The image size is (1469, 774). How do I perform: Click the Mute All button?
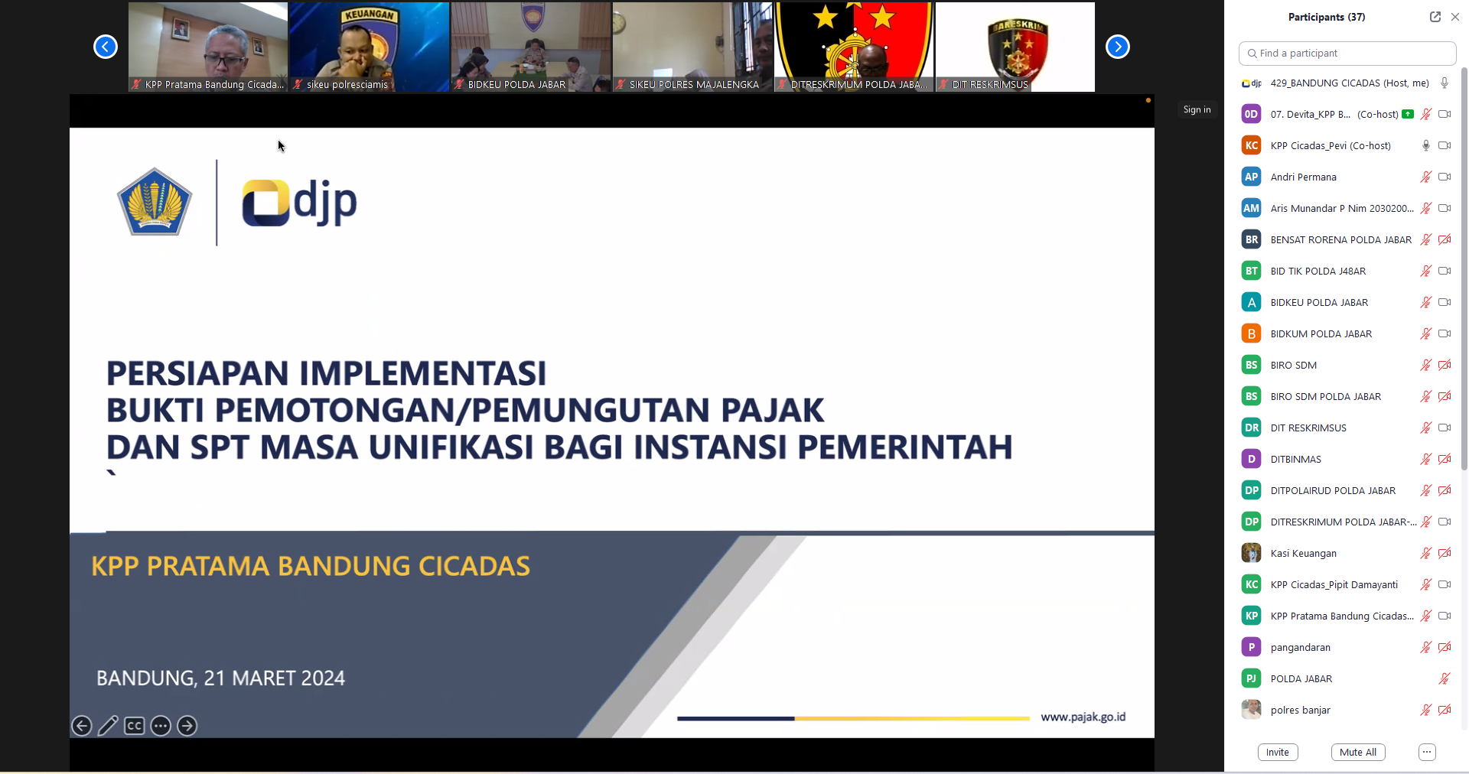(1358, 752)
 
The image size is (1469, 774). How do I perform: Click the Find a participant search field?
(1347, 54)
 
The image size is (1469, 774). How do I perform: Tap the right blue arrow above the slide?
(1118, 47)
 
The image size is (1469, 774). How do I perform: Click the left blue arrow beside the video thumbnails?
(106, 47)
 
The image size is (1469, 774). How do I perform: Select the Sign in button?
(1197, 109)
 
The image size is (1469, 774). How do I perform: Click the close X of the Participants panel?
(1455, 17)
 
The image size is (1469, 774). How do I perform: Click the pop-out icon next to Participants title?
(1435, 17)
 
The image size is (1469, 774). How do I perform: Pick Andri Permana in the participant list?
(1304, 177)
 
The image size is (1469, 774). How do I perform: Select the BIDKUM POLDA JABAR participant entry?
(1321, 333)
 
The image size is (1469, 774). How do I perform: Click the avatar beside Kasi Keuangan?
(1251, 553)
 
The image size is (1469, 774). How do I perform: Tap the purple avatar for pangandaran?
(1251, 647)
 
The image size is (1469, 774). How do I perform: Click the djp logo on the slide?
(299, 203)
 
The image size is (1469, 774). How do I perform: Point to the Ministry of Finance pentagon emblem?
(155, 202)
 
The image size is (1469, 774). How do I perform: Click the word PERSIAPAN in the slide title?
(197, 373)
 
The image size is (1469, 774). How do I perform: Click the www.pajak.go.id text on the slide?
(1083, 717)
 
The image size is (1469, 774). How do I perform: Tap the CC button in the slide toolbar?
(135, 726)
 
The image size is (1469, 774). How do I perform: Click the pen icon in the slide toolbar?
(108, 726)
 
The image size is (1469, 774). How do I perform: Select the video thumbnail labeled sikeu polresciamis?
(369, 47)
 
